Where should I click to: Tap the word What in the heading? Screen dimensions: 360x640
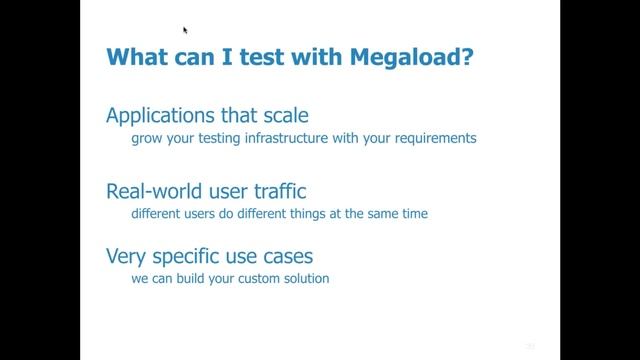coord(139,58)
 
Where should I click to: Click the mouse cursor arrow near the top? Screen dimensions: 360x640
coord(186,30)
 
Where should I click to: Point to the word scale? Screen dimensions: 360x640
coord(297,115)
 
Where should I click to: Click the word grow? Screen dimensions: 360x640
coord(147,138)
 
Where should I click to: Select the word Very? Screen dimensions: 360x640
coord(126,255)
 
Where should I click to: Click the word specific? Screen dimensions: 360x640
coord(185,256)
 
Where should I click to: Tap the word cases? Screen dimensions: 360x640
coord(286,255)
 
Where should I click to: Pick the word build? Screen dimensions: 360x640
coord(198,278)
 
